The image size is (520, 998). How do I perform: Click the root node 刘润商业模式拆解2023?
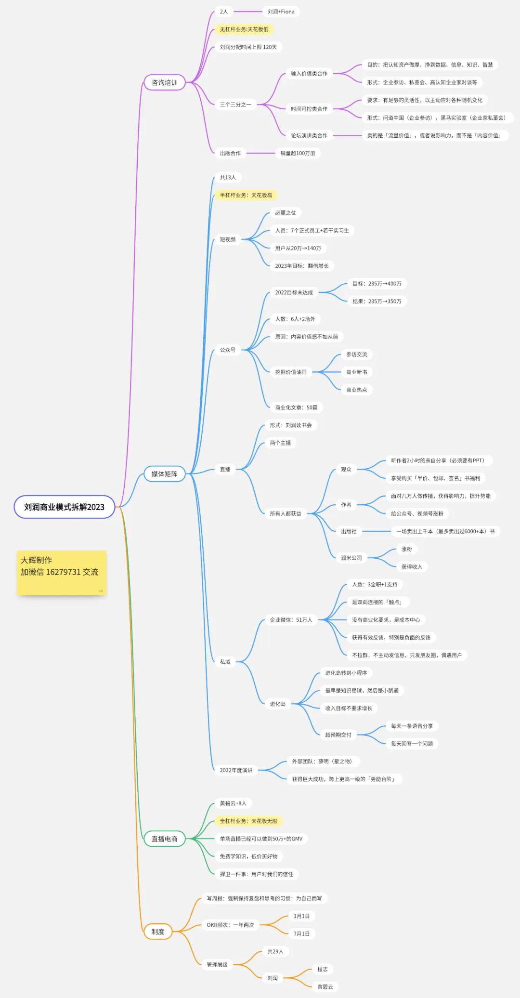(64, 507)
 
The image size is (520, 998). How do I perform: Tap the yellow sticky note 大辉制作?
(61, 572)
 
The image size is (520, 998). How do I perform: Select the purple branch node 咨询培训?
(165, 82)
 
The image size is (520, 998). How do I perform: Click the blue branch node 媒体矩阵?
(165, 474)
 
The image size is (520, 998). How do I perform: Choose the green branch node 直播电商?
(165, 839)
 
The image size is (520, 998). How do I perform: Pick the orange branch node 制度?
(158, 932)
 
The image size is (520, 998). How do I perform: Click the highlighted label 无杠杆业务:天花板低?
(244, 29)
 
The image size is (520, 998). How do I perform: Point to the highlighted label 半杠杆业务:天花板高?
(246, 195)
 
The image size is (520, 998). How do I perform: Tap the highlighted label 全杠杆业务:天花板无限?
(248, 821)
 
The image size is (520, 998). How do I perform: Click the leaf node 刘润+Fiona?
(281, 12)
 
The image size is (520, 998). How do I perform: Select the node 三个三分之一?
(235, 105)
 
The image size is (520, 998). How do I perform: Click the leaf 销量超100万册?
(298, 153)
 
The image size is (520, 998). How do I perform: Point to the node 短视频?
(228, 239)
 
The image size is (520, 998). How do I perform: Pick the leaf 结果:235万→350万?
(377, 301)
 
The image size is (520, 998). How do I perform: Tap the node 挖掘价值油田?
(291, 372)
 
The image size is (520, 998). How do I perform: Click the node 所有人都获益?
(286, 513)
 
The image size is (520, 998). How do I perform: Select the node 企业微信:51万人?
(291, 620)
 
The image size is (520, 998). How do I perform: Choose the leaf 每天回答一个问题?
(412, 744)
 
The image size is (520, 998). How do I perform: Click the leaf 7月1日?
(302, 933)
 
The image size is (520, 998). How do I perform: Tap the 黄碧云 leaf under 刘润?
(325, 987)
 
